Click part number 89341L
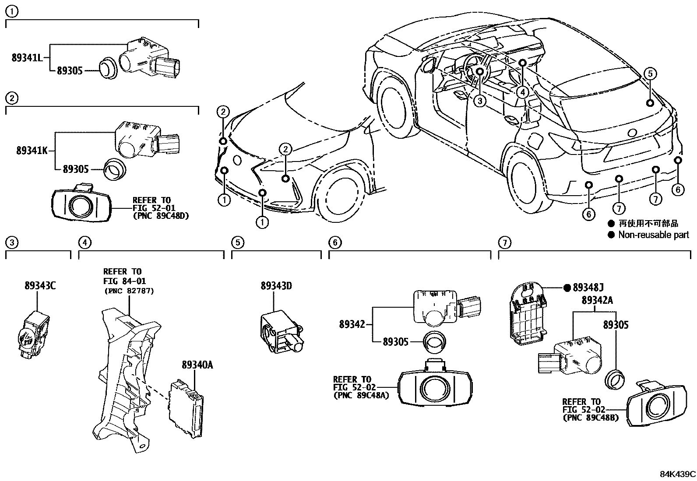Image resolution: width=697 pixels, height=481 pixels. click(x=27, y=58)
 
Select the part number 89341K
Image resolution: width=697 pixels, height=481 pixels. click(x=32, y=151)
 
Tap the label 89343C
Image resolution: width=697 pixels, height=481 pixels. click(x=40, y=286)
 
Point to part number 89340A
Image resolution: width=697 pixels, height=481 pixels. click(x=197, y=365)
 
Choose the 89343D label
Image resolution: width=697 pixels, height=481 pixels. click(x=276, y=286)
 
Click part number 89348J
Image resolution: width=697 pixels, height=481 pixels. click(x=588, y=288)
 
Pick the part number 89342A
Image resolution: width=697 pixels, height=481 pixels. click(x=597, y=300)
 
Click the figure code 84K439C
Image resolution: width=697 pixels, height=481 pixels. click(x=677, y=474)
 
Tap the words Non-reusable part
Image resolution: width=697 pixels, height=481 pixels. click(x=653, y=235)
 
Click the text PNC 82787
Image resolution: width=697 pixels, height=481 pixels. click(x=129, y=291)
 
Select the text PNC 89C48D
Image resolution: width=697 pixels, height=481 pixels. click(x=161, y=216)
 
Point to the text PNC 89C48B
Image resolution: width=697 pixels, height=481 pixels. click(x=591, y=418)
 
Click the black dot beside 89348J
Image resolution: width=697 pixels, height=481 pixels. click(x=567, y=288)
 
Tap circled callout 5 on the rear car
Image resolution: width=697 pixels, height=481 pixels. click(x=650, y=74)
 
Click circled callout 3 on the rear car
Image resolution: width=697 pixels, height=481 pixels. click(x=480, y=101)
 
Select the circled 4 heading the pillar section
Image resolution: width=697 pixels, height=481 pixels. click(x=84, y=242)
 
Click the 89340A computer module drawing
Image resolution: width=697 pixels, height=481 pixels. click(x=186, y=408)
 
